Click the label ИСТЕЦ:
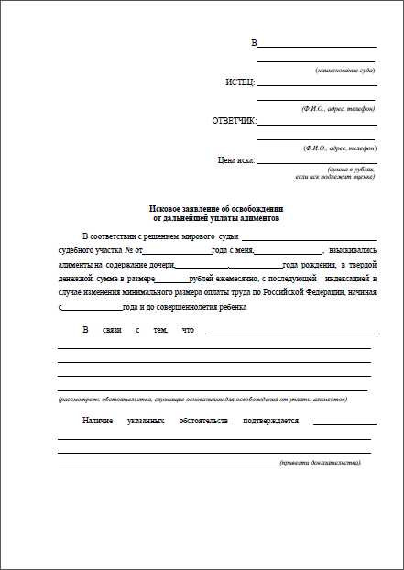[x=240, y=82]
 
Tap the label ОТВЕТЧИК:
[x=235, y=121]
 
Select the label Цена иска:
[x=236, y=160]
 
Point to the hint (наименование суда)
[x=346, y=71]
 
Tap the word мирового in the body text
[x=195, y=236]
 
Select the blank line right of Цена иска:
[x=316, y=162]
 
